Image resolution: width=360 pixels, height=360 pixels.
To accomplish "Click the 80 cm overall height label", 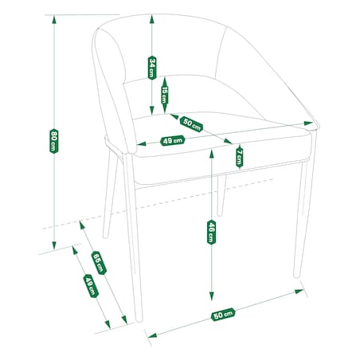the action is tap(54, 141).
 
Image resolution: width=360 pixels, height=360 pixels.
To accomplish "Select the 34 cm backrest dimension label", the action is tap(152, 68).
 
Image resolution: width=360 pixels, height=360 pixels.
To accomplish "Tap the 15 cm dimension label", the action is tap(165, 95).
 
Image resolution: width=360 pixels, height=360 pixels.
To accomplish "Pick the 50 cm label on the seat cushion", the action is tap(191, 124).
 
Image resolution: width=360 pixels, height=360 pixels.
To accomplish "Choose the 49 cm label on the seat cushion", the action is tap(173, 140).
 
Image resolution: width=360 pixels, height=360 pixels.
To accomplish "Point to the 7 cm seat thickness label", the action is tap(240, 157).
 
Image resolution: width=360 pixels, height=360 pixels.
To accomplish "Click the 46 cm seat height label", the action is tap(211, 232).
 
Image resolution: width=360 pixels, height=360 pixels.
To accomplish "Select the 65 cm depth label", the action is tap(99, 263).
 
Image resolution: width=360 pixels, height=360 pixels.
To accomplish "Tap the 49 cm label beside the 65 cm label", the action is tap(91, 286).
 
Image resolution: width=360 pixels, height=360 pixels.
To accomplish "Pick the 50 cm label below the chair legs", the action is tap(223, 315).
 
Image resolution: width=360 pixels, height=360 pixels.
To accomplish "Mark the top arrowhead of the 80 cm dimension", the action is tap(54, 19).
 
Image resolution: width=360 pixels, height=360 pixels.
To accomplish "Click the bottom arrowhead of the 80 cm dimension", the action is tap(54, 245).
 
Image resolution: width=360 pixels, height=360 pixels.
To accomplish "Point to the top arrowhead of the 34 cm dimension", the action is tap(152, 19).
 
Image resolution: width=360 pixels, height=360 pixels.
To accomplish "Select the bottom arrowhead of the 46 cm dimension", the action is tap(212, 296).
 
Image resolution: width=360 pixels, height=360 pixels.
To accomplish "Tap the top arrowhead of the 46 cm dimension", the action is tap(212, 154).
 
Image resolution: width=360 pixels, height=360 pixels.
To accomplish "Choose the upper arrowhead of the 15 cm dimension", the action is tap(165, 80).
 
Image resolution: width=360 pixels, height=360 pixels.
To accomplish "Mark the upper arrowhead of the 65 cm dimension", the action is tap(82, 225).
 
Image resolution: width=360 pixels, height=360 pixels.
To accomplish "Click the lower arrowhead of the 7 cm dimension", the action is tap(240, 167).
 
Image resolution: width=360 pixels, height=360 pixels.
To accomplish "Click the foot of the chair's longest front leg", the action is tap(139, 320).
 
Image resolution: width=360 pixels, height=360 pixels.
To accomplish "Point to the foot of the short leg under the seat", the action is tap(219, 214).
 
